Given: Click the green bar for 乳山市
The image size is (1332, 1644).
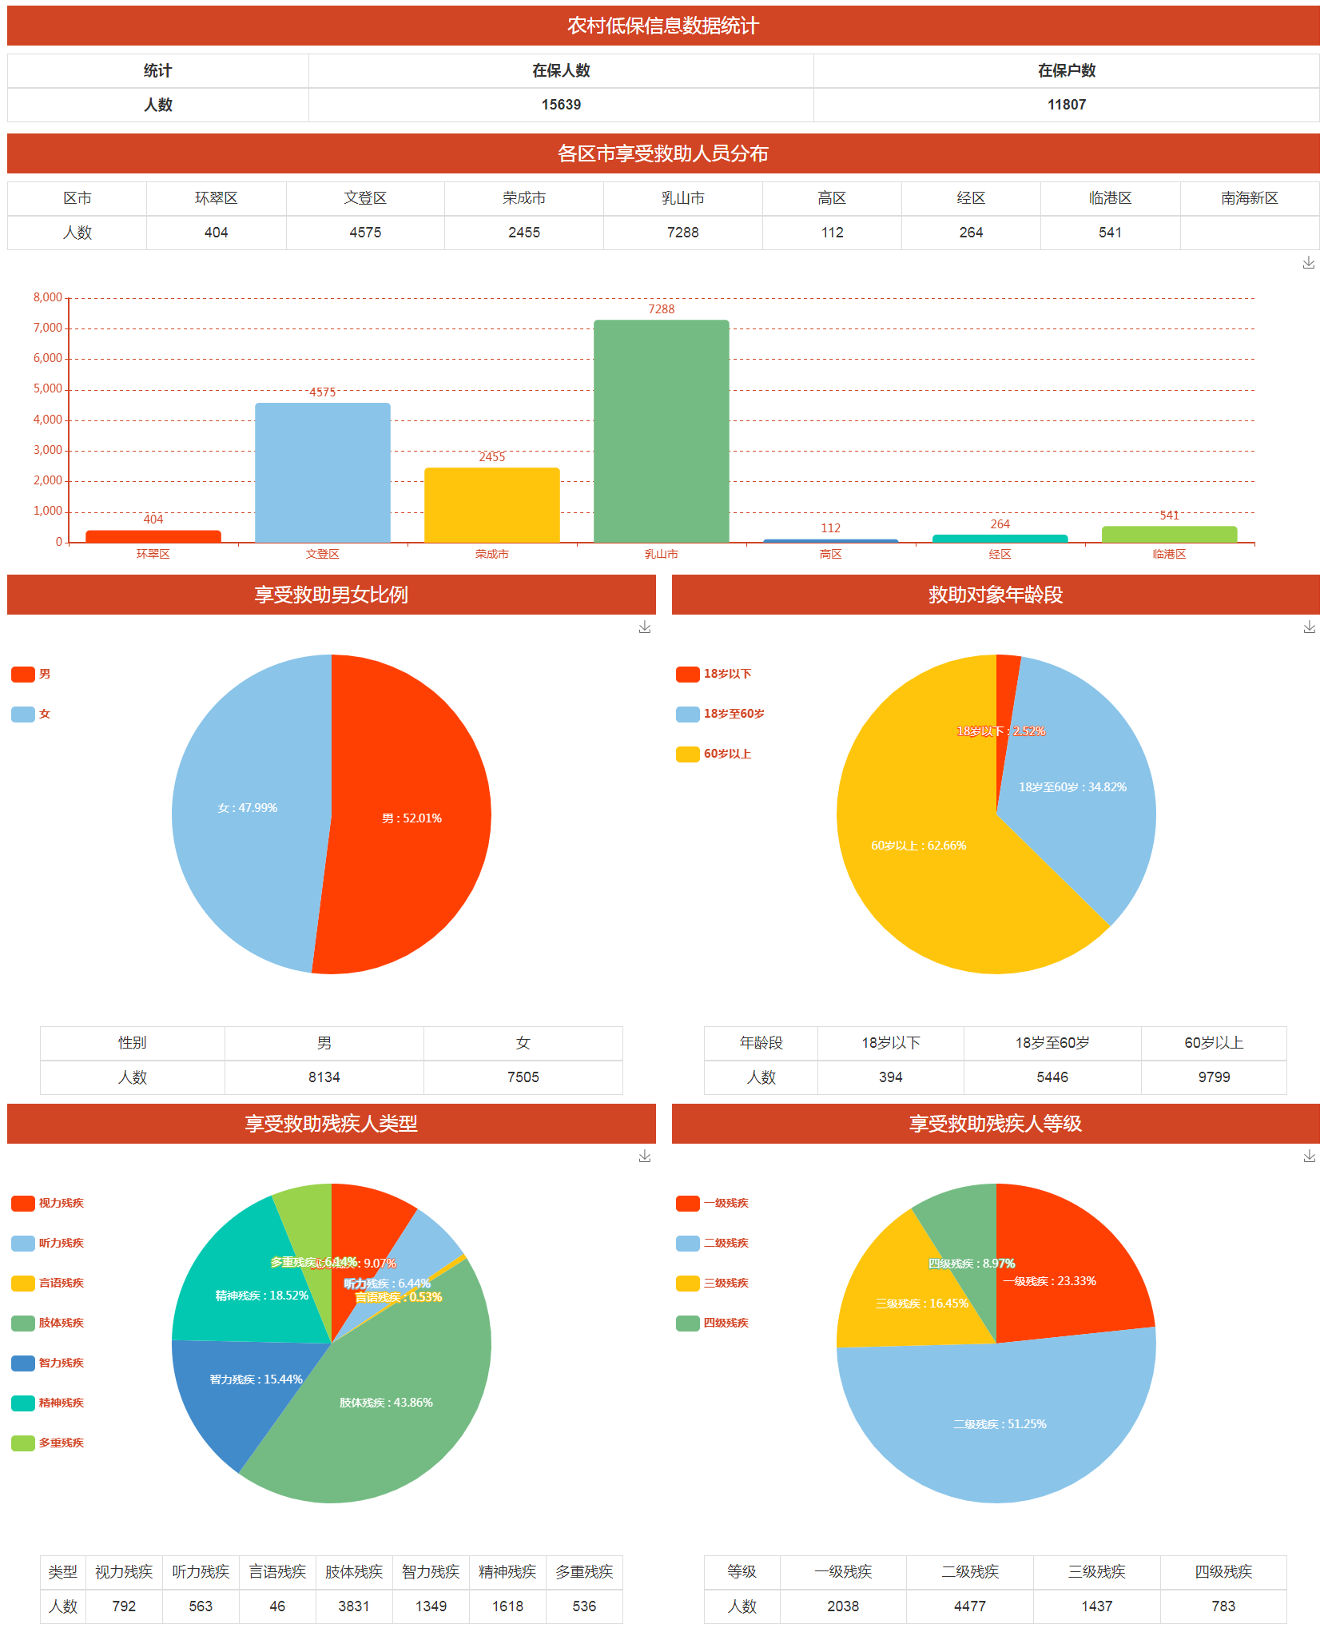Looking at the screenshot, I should coord(661,432).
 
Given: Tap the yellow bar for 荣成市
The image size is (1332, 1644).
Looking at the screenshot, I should coord(491,505).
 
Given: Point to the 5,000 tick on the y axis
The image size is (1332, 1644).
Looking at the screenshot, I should coord(48,389).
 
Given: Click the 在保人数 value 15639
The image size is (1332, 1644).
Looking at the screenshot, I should coord(561,105).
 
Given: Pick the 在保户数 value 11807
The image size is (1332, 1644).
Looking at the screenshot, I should coord(1066,105).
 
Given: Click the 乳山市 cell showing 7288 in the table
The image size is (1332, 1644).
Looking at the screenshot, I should coord(682,233).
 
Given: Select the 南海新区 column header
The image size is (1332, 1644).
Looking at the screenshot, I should coord(1249,198).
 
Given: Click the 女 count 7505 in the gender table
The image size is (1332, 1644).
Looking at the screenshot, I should coord(523,1077).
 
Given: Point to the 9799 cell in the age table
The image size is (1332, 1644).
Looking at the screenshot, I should coord(1213,1077).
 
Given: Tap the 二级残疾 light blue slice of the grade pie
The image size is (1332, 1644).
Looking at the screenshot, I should coord(999,1431).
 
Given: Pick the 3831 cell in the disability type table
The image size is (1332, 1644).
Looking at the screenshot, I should coord(353,1606).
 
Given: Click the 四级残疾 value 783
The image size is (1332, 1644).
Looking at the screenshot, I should coord(1223,1606).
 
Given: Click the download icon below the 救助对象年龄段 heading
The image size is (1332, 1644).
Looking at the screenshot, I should coord(1309,627).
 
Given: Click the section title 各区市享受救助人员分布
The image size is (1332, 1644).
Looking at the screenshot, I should coord(662,153).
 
